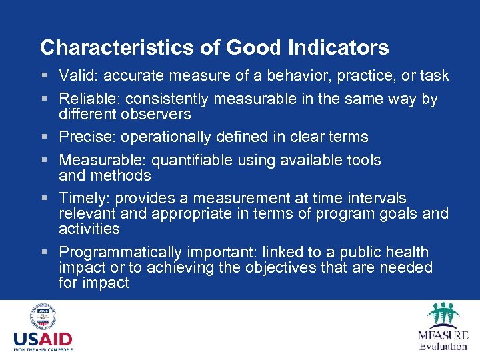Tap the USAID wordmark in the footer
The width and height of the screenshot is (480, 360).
tap(43, 339)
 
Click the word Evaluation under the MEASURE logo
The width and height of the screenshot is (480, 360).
tap(443, 346)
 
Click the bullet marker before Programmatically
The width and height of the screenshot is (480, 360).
tap(44, 253)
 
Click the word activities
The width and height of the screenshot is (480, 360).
tap(89, 229)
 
